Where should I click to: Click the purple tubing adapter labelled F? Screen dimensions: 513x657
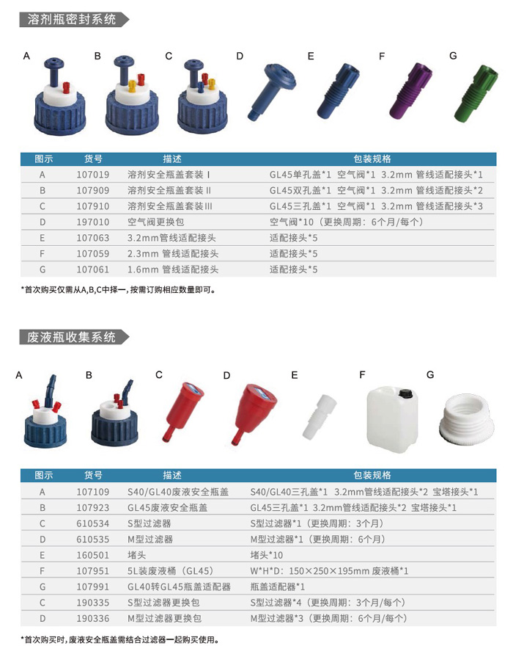410,90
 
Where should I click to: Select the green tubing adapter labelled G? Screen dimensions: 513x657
476,92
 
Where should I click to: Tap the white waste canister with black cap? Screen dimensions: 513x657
393,419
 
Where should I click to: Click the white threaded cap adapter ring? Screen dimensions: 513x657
467,421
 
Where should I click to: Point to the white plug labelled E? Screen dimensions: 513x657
320,417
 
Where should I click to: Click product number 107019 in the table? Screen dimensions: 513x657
93,175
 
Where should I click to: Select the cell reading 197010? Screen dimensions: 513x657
93,222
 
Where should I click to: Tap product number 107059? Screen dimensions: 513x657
93,254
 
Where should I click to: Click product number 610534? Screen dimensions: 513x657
93,523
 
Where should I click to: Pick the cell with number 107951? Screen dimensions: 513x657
93,571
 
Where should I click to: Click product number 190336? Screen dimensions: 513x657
93,618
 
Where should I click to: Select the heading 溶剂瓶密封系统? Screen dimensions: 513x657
72,19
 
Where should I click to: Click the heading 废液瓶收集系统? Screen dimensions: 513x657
72,337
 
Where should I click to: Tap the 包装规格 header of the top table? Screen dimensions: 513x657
372,159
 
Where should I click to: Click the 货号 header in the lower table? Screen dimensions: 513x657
93,476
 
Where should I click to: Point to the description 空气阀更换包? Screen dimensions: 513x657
155,222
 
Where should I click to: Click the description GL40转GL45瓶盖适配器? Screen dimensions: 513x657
179,587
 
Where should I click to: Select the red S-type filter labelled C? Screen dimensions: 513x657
182,411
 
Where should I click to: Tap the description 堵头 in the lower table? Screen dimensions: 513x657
136,555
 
